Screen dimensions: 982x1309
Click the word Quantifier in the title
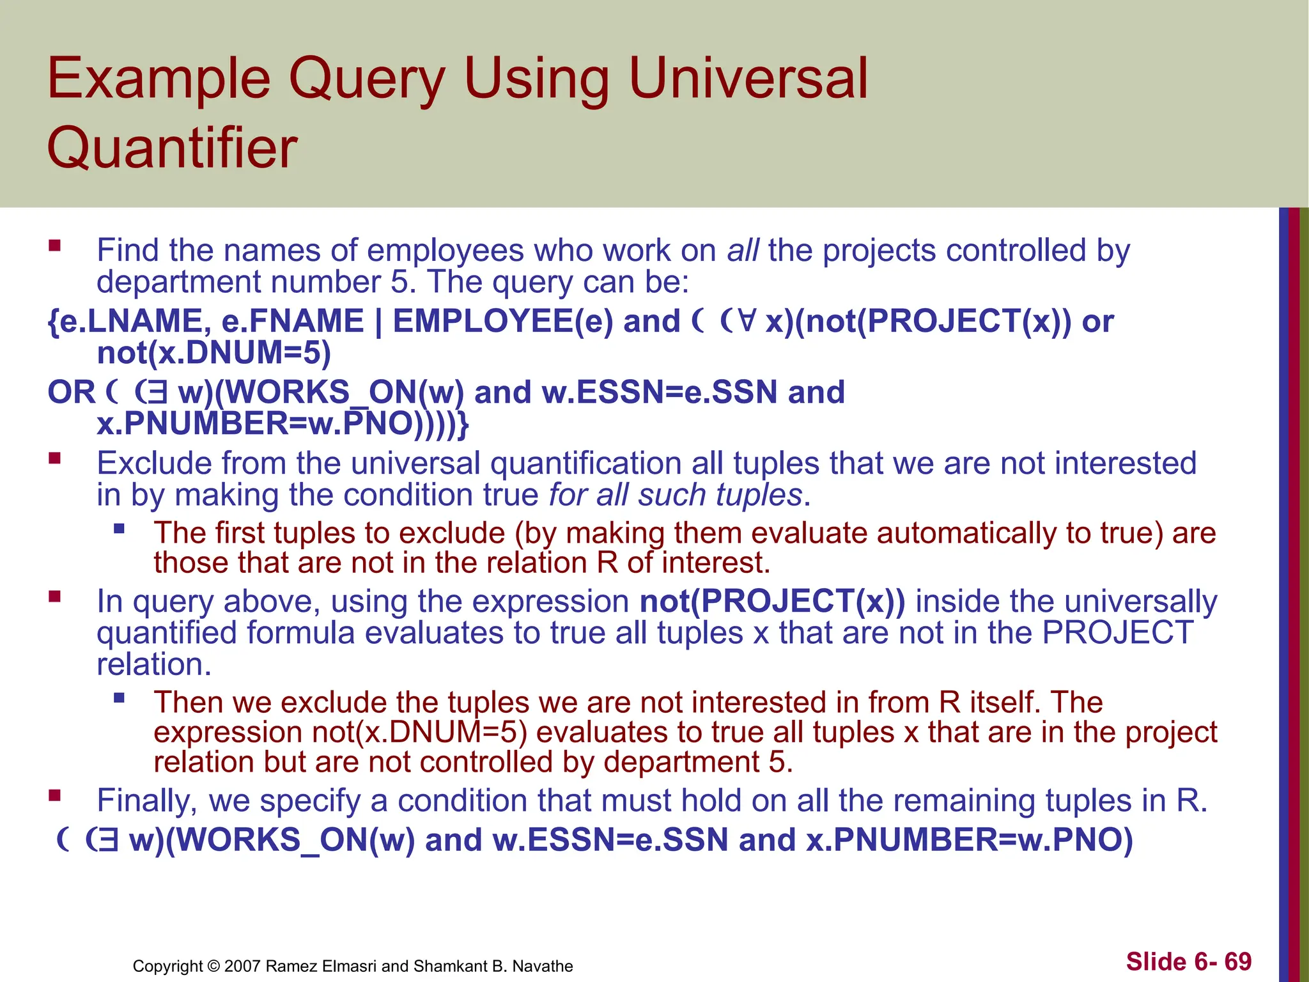click(x=172, y=148)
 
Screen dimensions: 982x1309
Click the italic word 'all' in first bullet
click(x=743, y=250)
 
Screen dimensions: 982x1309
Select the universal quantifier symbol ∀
click(x=745, y=321)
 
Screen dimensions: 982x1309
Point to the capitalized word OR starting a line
click(x=71, y=392)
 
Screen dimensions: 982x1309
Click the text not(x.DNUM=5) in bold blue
click(x=213, y=353)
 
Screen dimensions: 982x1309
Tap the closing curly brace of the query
click(x=464, y=424)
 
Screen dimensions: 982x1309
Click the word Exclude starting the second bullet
click(x=153, y=463)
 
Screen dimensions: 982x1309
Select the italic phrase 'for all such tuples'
click(x=675, y=495)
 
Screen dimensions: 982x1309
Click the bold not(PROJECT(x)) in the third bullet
click(x=772, y=601)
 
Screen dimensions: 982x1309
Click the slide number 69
click(x=1237, y=961)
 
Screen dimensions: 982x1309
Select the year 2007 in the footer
click(x=242, y=966)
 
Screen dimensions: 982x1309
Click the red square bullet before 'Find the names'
click(x=54, y=245)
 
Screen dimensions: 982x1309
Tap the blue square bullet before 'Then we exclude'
click(x=119, y=698)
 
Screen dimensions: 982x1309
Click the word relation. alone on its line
click(x=153, y=664)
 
